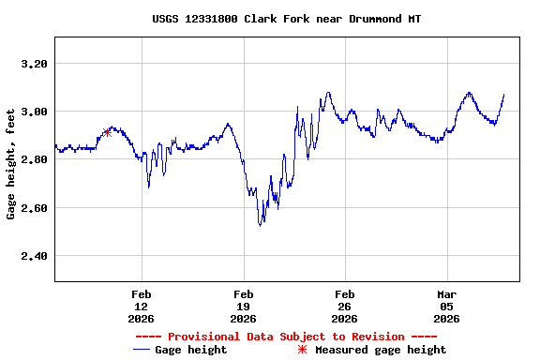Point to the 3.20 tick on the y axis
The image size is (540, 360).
(33, 64)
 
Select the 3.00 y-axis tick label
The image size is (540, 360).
(33, 112)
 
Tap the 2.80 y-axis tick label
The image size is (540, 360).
(33, 159)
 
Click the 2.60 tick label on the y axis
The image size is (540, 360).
(33, 207)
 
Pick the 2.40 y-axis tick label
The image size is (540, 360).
(33, 256)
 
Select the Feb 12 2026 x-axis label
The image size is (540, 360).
(142, 306)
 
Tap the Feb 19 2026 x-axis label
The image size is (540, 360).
(243, 306)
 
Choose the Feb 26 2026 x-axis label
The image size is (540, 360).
(344, 306)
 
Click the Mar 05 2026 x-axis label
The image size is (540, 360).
(446, 306)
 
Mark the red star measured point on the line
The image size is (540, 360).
(107, 132)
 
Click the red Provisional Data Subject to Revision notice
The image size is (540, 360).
(286, 337)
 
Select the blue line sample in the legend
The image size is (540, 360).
(142, 350)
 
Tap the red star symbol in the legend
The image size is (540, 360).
(302, 350)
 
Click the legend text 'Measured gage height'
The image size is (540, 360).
(381, 350)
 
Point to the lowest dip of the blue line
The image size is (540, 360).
(261, 225)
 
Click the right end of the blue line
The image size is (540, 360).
(504, 94)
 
